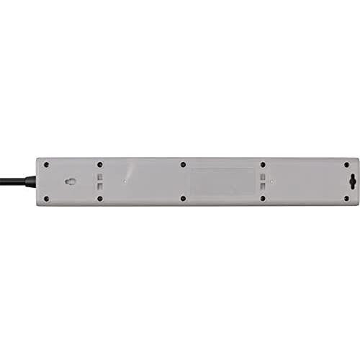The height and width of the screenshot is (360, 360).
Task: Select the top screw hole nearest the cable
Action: coord(47,165)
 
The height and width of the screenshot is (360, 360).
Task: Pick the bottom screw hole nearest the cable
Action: coord(47,198)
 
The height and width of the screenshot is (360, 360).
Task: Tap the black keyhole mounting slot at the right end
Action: coord(351,181)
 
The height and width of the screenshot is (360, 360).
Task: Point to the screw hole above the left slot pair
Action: coord(101,165)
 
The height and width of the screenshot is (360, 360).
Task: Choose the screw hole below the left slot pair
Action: coord(101,198)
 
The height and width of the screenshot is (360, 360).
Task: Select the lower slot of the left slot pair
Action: coord(101,186)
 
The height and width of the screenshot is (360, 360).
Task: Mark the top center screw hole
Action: coord(182,165)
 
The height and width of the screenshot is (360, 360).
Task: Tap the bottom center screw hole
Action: coord(182,198)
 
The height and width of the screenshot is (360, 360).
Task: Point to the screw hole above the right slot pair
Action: coord(263,165)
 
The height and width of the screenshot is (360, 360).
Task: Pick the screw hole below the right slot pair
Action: coord(263,198)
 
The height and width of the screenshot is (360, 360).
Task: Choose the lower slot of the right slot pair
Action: coord(263,186)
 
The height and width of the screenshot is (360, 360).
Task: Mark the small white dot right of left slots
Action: coord(125,181)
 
